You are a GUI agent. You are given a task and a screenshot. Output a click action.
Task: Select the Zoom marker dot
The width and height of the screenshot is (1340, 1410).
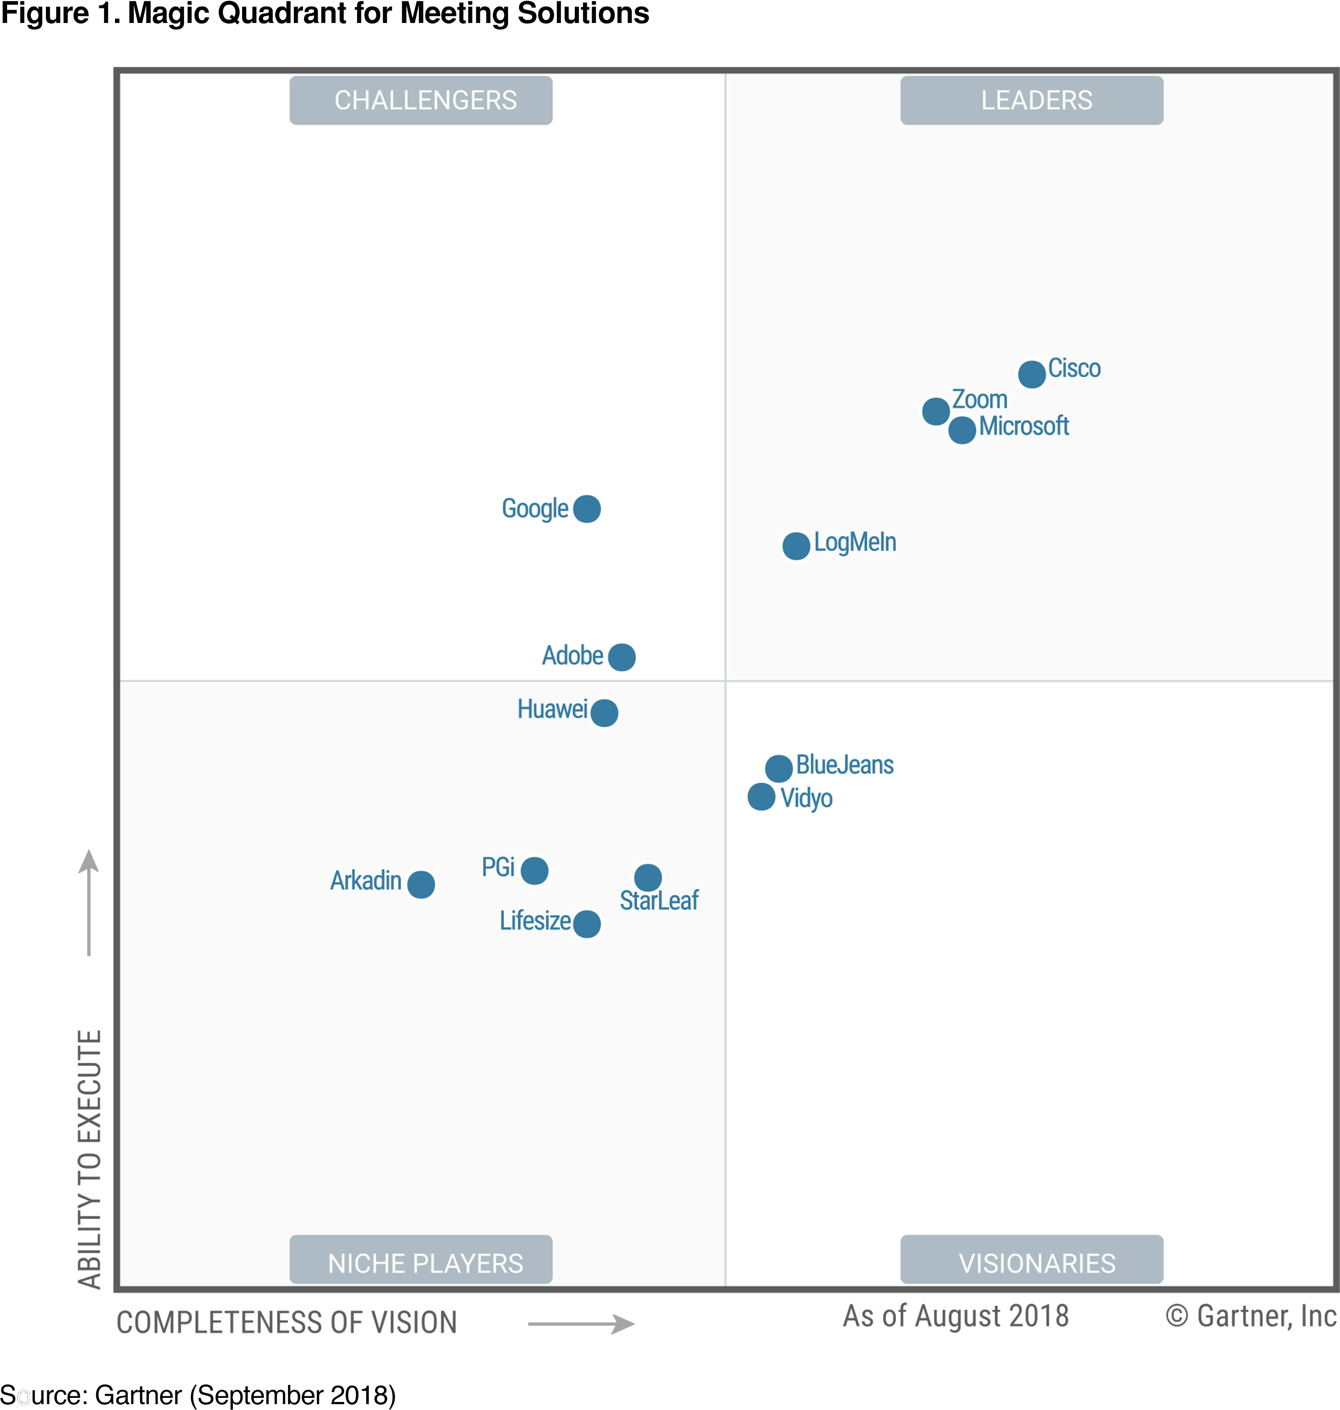tap(936, 411)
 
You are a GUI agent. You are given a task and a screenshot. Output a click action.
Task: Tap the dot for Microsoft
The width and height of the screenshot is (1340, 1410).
tap(962, 430)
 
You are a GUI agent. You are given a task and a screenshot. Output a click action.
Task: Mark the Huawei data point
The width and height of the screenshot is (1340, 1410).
tap(604, 713)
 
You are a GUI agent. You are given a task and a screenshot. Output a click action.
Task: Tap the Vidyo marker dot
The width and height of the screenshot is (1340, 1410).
tap(761, 797)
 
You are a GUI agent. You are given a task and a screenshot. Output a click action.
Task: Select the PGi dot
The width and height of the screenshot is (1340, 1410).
tap(534, 870)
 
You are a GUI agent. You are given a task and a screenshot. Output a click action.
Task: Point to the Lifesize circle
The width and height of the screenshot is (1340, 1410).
tap(587, 924)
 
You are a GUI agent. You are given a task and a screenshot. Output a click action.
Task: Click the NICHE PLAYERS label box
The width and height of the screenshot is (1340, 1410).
tap(421, 1262)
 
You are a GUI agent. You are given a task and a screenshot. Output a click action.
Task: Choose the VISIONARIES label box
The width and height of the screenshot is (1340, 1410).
tap(1031, 1262)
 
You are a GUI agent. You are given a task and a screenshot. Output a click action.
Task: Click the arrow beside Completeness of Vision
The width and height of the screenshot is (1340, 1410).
tap(582, 1324)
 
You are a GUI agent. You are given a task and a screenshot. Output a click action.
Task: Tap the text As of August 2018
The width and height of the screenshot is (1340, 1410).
tap(956, 1316)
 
